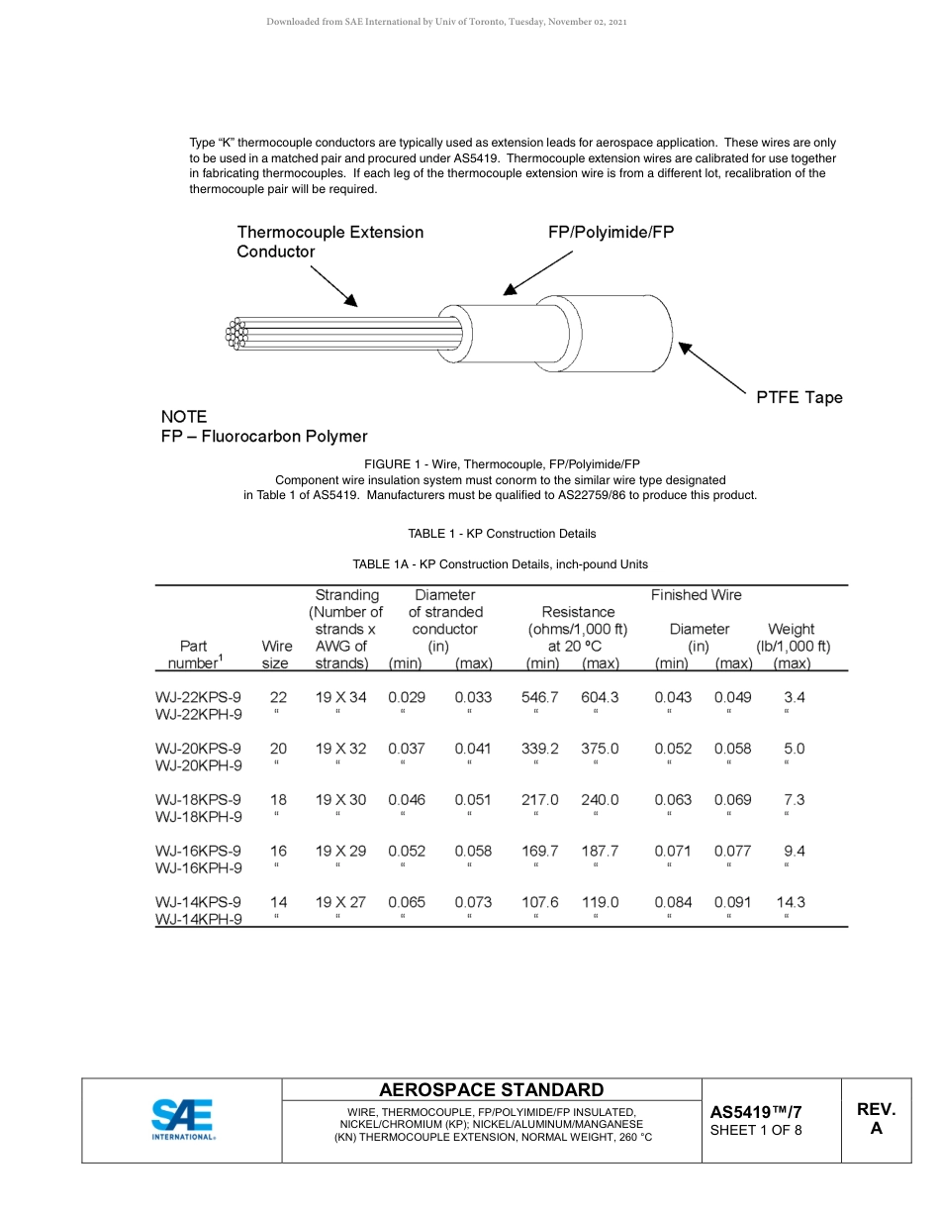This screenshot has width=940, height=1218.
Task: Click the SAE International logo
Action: tap(182, 1119)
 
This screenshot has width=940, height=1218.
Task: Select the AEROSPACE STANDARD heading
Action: tap(491, 1089)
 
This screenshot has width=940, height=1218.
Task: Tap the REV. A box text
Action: tap(876, 1119)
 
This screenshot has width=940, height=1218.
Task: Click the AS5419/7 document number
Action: tap(756, 1112)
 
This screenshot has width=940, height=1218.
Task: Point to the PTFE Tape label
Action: tap(799, 398)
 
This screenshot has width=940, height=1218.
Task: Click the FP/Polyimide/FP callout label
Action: tap(611, 233)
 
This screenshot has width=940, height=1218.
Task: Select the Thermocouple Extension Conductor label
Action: tap(329, 242)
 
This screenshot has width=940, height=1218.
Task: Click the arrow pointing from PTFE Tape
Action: tap(712, 368)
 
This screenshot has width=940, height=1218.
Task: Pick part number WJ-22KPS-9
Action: tap(198, 697)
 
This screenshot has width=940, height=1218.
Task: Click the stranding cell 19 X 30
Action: tap(340, 800)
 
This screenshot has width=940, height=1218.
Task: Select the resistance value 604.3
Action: tap(600, 697)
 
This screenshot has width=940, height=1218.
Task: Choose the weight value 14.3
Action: tap(791, 902)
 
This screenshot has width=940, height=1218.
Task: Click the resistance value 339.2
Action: tap(539, 749)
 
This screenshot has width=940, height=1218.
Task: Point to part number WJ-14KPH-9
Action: tap(198, 919)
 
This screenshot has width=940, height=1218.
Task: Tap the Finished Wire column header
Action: tap(696, 595)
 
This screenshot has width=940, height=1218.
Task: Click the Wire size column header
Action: tap(276, 655)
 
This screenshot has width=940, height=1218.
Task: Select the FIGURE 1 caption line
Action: tap(502, 463)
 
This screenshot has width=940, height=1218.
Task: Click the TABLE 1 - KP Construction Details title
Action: tap(502, 534)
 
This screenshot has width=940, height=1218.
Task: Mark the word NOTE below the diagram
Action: tap(184, 417)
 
